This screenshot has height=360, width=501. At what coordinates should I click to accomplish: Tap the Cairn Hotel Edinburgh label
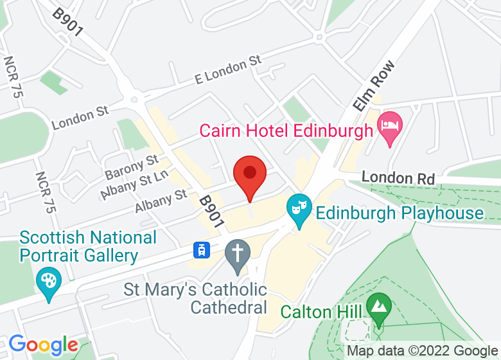[286, 130]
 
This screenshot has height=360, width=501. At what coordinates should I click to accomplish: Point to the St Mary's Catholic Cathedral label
[195, 298]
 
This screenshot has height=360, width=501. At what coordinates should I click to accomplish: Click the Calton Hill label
[319, 312]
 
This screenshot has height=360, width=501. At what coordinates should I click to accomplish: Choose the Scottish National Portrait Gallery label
[88, 246]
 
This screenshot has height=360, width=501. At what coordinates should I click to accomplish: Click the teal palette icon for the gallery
[49, 282]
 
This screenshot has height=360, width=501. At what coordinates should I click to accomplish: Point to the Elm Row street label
[373, 86]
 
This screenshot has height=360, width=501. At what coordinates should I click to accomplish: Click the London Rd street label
[398, 178]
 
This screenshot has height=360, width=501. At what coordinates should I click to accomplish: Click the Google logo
[43, 345]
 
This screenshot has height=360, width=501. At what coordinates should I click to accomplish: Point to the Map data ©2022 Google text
[422, 351]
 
